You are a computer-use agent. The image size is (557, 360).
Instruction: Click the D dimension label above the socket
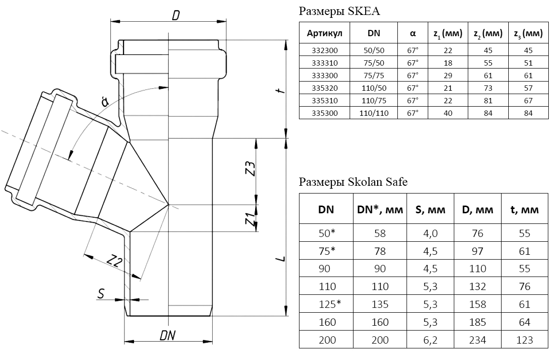(176, 15)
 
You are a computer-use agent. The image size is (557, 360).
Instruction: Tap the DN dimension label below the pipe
(168, 335)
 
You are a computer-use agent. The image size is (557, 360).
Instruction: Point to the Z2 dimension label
(114, 262)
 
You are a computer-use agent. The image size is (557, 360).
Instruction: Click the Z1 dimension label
(251, 219)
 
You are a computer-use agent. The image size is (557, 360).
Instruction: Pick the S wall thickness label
(101, 294)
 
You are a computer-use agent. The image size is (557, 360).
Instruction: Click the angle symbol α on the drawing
(105, 101)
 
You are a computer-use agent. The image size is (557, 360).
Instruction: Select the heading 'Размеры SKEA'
(339, 12)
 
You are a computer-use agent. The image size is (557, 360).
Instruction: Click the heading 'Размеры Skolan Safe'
(353, 182)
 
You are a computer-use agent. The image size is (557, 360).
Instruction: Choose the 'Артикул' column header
(325, 33)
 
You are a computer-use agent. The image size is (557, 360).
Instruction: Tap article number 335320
(325, 88)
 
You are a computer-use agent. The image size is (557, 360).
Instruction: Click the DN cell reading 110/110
(374, 113)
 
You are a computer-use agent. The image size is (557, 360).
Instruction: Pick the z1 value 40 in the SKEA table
(448, 113)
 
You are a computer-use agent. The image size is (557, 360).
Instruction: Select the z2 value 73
(488, 88)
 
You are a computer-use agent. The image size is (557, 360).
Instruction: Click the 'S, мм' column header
(430, 209)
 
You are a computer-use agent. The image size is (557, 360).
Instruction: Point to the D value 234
(477, 340)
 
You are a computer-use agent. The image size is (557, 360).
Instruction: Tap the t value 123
(525, 340)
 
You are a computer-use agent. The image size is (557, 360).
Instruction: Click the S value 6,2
(430, 340)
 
